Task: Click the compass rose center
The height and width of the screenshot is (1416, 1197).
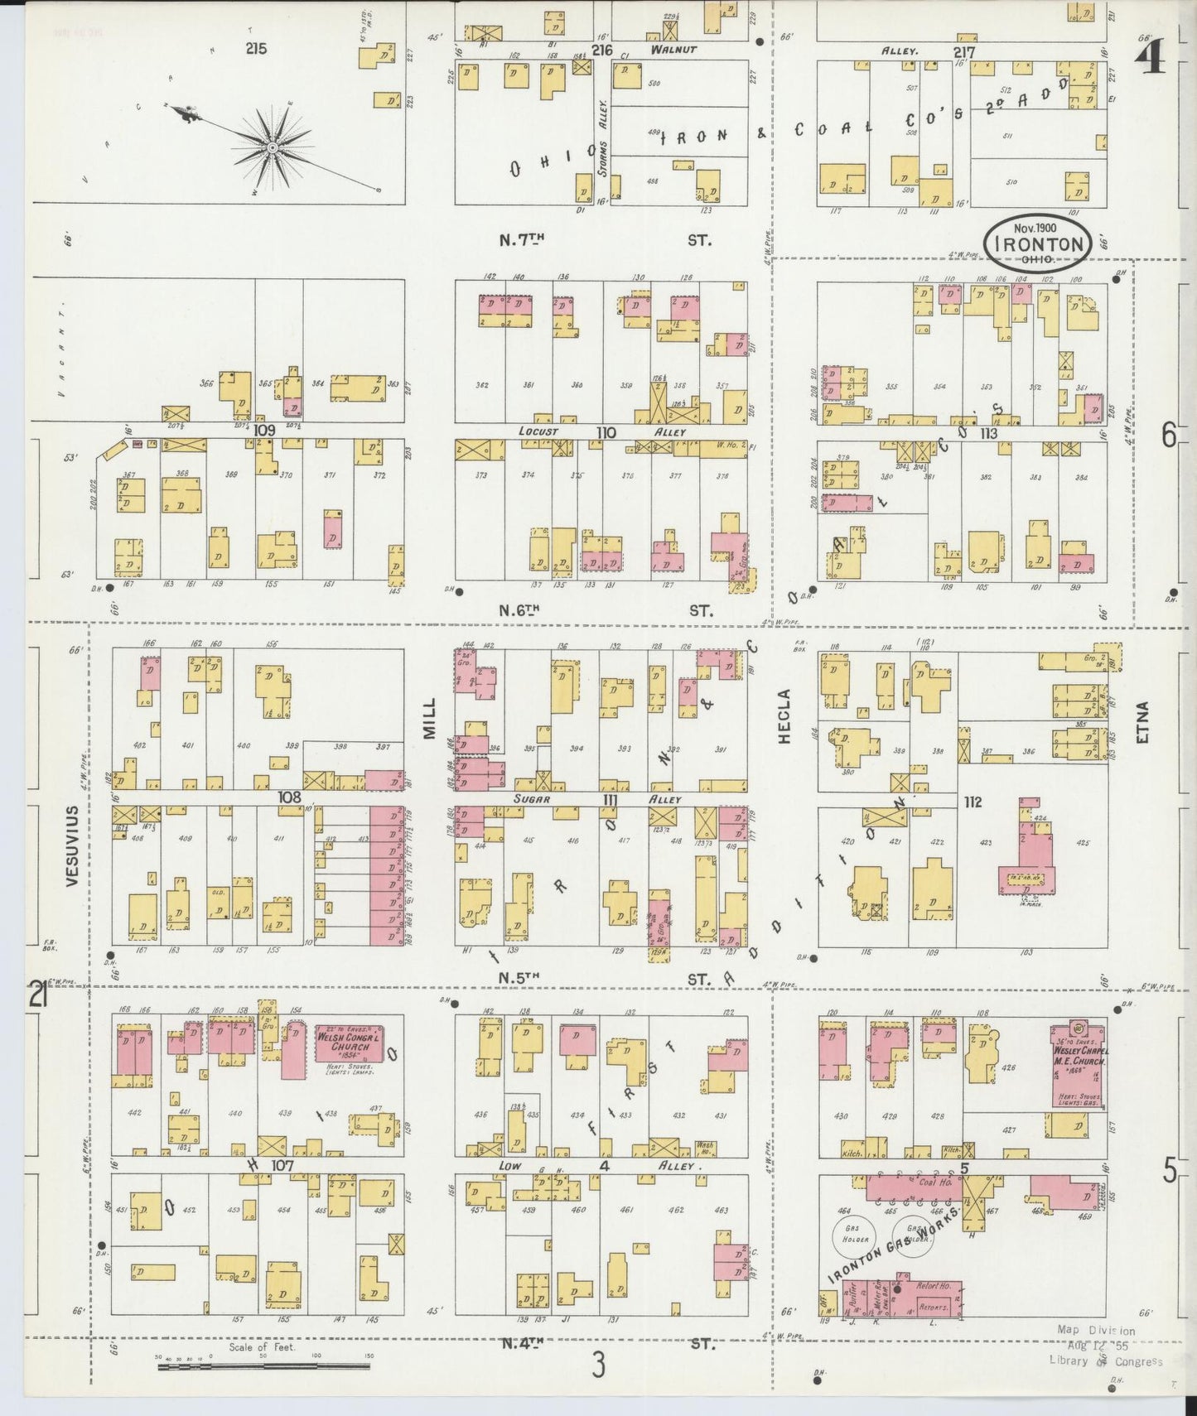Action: tap(272, 147)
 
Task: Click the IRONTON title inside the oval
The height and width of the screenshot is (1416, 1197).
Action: tap(1038, 243)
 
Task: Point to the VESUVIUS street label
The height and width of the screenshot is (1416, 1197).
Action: tap(72, 845)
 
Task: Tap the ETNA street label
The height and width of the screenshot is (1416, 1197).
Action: tap(1143, 722)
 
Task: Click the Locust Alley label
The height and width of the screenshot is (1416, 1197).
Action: tap(539, 431)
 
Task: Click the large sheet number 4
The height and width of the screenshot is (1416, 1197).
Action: tap(1151, 60)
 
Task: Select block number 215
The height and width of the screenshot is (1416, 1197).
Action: tap(256, 49)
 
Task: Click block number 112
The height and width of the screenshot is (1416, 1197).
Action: tap(973, 802)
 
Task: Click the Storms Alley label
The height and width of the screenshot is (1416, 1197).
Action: tap(604, 126)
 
